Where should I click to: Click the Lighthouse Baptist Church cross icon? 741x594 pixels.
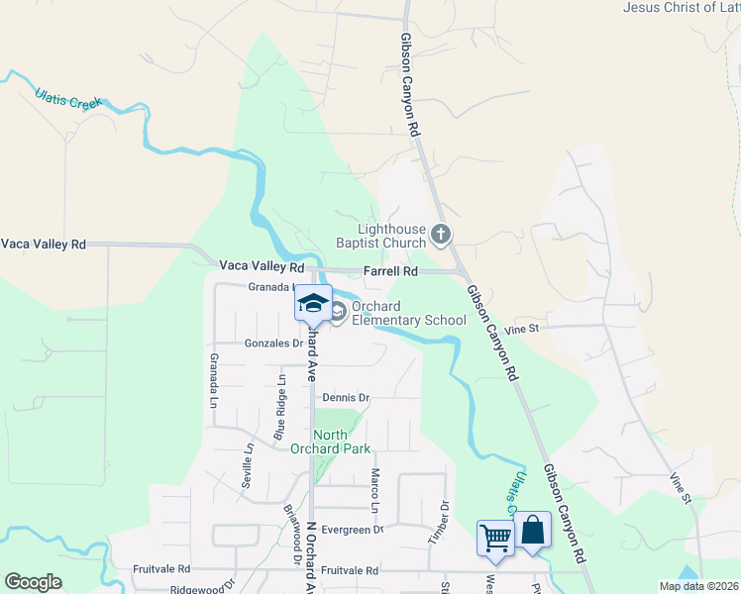tap(441, 236)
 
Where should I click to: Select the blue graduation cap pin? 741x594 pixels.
tap(313, 303)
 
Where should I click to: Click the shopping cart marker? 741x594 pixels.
tap(494, 538)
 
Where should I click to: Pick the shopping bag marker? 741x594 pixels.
tap(532, 529)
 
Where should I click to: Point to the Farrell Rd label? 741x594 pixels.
tap(390, 270)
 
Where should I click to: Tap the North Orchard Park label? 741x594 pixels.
tap(329, 442)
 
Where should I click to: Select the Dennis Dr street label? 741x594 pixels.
tap(346, 397)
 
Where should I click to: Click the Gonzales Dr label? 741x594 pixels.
tap(273, 344)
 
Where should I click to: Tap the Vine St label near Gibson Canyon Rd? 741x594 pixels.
tap(520, 328)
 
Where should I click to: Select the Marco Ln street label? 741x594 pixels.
tap(374, 490)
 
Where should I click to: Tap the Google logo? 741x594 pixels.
tap(33, 582)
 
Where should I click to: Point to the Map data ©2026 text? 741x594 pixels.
tap(697, 586)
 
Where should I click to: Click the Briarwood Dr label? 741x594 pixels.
tap(293, 534)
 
